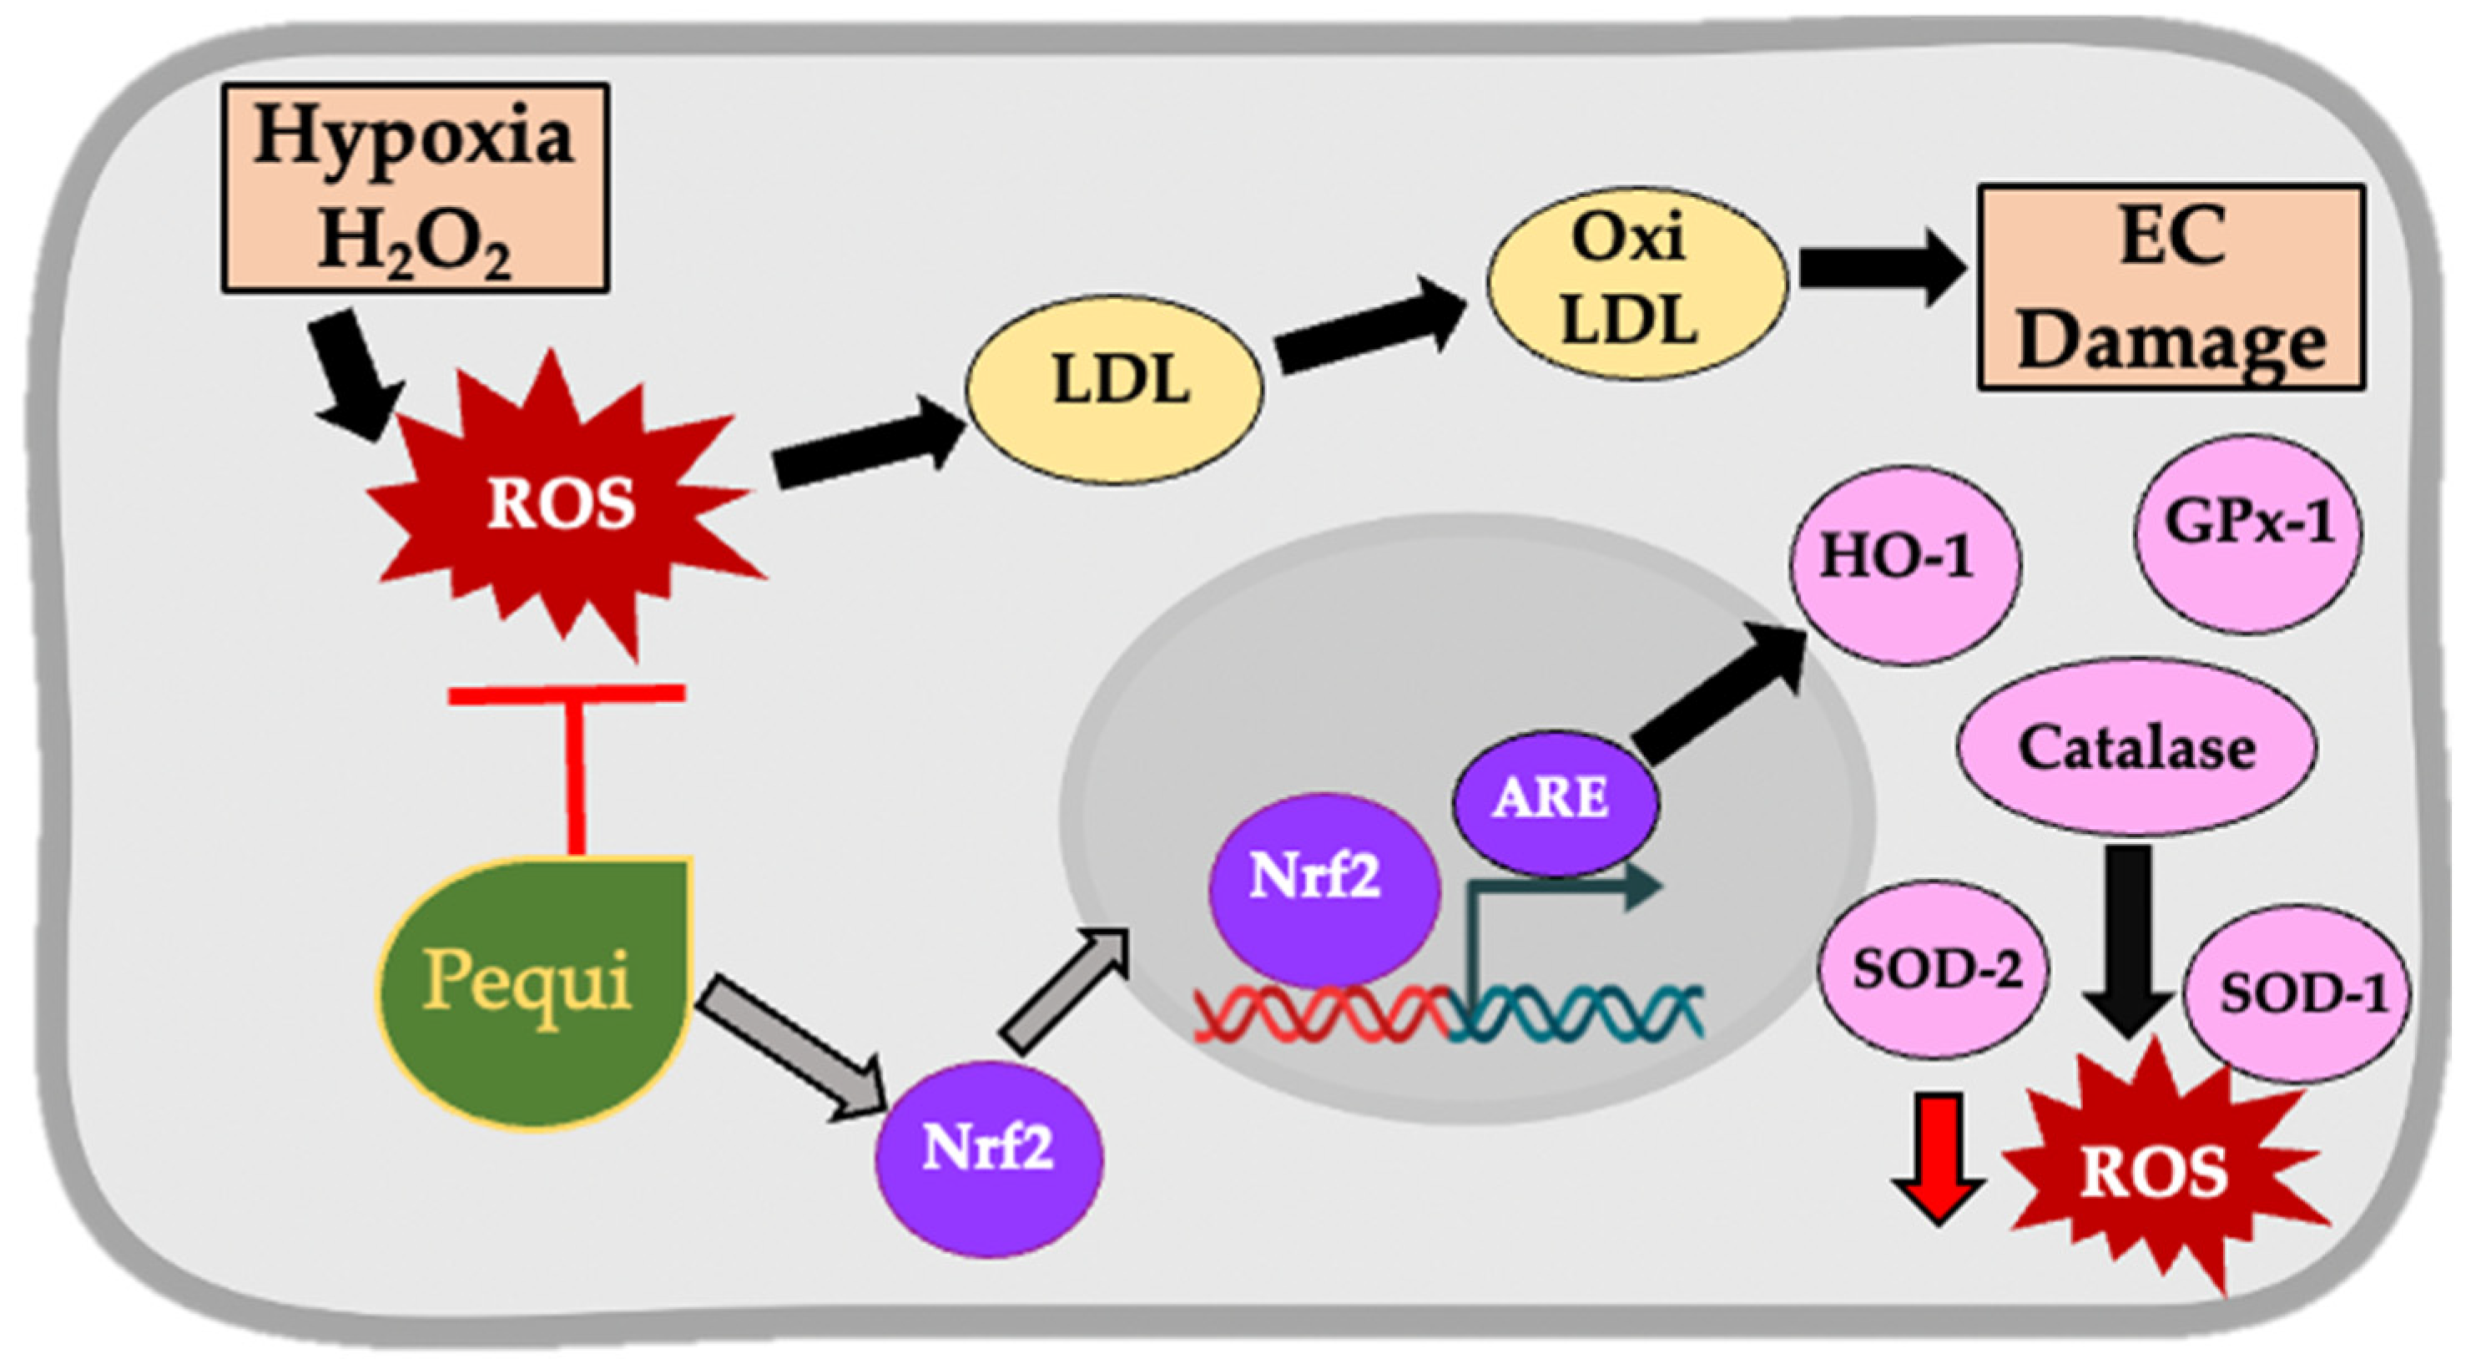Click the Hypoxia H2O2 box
(415, 188)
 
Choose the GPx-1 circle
(2247, 533)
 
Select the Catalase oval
(2136, 748)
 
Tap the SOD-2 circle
(1934, 970)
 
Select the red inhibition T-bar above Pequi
(572, 758)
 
